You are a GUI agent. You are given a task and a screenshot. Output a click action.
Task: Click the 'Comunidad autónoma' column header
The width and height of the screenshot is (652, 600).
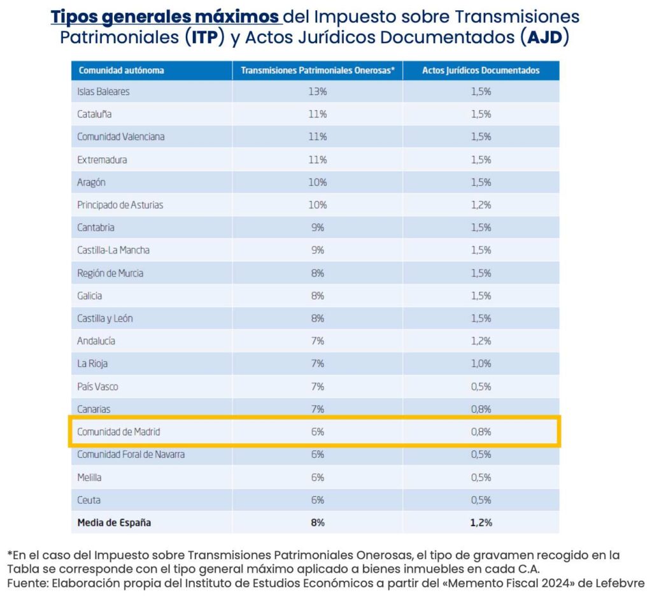pyautogui.click(x=121, y=70)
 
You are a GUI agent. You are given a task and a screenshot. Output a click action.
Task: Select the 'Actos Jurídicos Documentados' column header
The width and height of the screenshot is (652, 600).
pyautogui.click(x=481, y=70)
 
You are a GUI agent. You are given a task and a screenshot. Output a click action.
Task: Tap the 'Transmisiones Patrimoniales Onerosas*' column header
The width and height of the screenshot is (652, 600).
pyautogui.click(x=318, y=70)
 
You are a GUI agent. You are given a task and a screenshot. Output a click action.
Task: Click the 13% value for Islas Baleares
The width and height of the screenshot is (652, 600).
pyautogui.click(x=317, y=92)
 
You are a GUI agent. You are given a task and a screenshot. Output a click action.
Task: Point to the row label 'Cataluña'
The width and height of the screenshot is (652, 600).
pyautogui.click(x=94, y=114)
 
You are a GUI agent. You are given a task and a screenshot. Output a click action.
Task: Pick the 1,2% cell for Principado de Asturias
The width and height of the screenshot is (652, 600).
pyautogui.click(x=481, y=204)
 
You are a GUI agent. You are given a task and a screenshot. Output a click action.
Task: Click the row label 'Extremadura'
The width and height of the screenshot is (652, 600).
pyautogui.click(x=102, y=160)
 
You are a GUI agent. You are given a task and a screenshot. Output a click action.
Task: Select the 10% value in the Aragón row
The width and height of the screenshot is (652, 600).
pyautogui.click(x=317, y=182)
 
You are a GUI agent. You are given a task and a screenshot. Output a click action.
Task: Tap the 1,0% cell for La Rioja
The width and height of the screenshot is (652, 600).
pyautogui.click(x=481, y=363)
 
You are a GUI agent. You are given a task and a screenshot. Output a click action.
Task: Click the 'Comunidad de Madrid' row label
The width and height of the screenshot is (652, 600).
pyautogui.click(x=118, y=431)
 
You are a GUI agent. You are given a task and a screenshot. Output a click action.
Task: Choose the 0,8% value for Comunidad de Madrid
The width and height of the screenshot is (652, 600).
pyautogui.click(x=481, y=431)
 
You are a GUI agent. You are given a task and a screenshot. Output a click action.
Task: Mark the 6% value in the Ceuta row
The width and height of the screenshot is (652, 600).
pyautogui.click(x=317, y=500)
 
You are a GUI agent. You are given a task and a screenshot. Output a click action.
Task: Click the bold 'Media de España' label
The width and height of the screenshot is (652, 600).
pyautogui.click(x=114, y=522)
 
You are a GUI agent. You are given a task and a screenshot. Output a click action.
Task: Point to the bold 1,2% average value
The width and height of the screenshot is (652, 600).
pyautogui.click(x=481, y=522)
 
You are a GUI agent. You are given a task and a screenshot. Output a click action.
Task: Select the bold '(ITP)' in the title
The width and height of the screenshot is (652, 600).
pyautogui.click(x=205, y=37)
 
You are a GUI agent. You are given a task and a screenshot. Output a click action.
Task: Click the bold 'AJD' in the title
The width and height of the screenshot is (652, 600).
pyautogui.click(x=544, y=37)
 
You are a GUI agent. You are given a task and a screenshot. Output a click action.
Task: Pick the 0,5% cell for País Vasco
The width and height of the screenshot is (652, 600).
pyautogui.click(x=481, y=387)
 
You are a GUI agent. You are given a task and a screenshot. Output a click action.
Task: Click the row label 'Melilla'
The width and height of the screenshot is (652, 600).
pyautogui.click(x=89, y=477)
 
